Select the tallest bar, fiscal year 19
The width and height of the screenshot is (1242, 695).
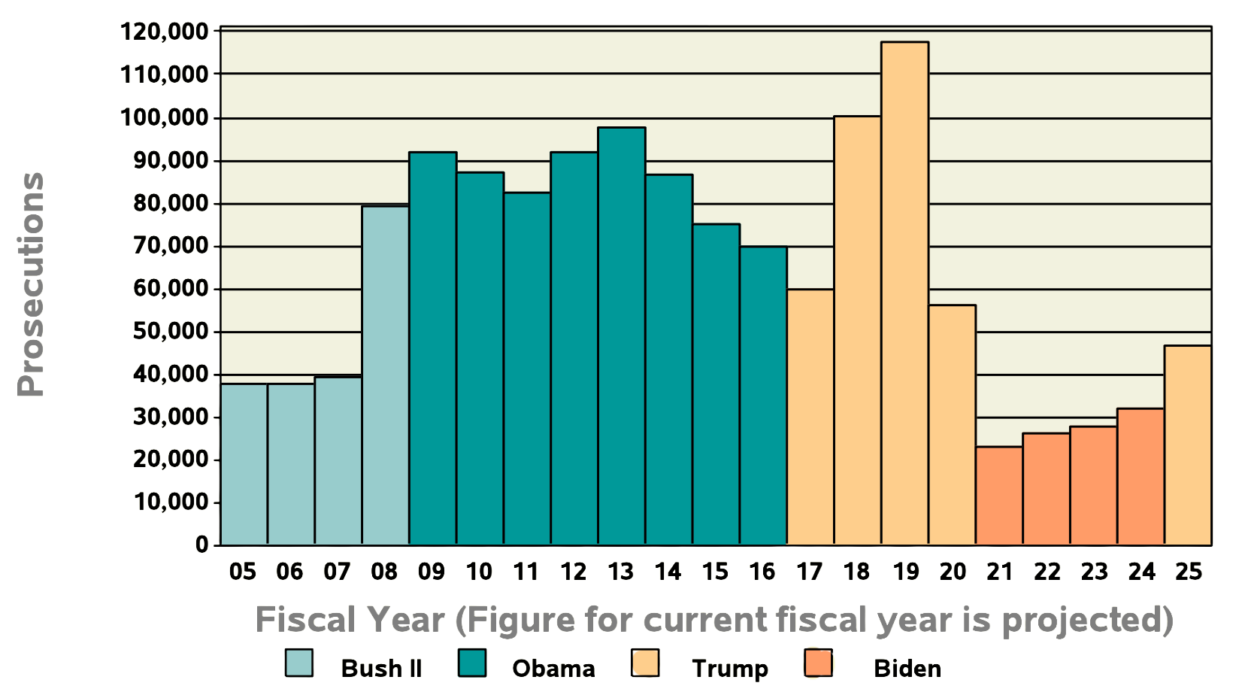point(904,293)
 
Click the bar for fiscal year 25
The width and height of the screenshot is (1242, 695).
point(1188,445)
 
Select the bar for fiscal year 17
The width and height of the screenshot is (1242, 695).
point(810,417)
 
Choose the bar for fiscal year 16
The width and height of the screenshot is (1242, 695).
point(763,395)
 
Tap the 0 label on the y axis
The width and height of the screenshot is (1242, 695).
point(201,545)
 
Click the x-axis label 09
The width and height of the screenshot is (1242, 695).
point(432,572)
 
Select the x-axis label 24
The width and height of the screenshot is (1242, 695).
point(1141,572)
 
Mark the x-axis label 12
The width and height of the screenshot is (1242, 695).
point(573,572)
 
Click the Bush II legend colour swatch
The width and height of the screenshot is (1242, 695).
point(299,663)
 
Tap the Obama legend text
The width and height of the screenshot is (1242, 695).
point(553,668)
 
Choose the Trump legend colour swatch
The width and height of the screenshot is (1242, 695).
point(645,663)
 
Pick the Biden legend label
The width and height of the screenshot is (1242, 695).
point(907,668)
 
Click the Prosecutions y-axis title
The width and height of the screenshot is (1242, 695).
point(32,284)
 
